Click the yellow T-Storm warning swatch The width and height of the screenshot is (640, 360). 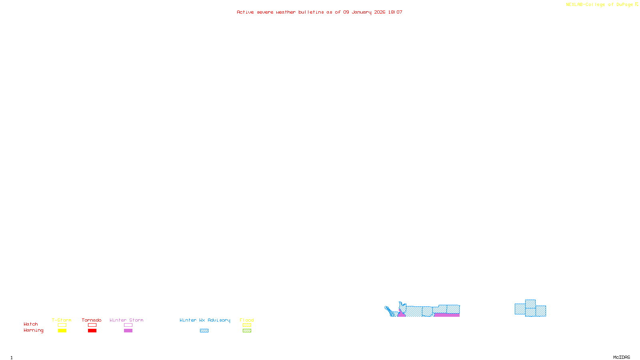pos(62,331)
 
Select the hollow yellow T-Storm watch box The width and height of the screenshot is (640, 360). pos(62,325)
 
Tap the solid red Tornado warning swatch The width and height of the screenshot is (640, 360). pos(92,331)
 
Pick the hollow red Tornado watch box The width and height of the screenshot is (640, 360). pos(92,325)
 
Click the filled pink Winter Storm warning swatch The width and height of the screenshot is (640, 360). pos(128,331)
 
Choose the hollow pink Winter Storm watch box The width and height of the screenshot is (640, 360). pos(128,325)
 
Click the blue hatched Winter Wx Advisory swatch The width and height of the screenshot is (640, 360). pos(204,331)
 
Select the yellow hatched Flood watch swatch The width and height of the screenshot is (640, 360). pos(247,325)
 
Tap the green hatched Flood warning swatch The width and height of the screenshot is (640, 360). pos(247,331)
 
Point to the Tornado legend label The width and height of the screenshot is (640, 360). pos(92,320)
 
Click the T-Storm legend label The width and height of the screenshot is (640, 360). pos(62,320)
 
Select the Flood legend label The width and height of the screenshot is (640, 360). pos(247,320)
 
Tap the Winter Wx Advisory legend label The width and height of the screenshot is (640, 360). pos(205,320)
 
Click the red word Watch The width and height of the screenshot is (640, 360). pos(31,324)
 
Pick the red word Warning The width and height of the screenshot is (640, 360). pos(33,330)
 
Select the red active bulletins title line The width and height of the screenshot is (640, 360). pos(320,12)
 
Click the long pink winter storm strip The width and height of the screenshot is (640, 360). pos(447,315)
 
